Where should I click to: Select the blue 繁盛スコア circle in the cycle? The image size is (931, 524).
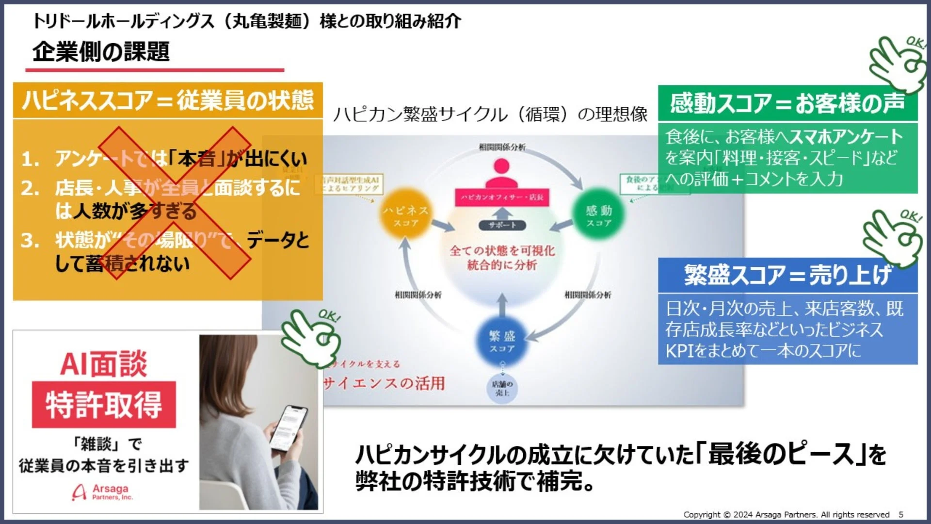click(502, 341)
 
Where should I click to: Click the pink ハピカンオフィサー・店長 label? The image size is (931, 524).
click(502, 197)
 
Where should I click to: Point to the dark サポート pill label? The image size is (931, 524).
click(502, 225)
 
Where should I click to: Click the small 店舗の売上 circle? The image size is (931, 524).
click(502, 389)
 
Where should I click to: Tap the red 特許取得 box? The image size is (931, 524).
click(104, 405)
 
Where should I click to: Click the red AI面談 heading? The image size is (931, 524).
click(103, 364)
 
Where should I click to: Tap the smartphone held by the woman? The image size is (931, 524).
click(289, 427)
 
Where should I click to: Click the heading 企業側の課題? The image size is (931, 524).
click(101, 52)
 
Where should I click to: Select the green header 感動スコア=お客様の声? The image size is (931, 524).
click(787, 103)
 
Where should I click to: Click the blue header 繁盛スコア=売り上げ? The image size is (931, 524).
click(787, 275)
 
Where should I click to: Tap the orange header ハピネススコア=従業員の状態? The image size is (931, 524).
click(168, 100)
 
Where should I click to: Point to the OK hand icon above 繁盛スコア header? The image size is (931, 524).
click(893, 237)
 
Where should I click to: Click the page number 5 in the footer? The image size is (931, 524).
click(901, 514)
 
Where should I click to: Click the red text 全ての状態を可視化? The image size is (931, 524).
click(502, 251)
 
